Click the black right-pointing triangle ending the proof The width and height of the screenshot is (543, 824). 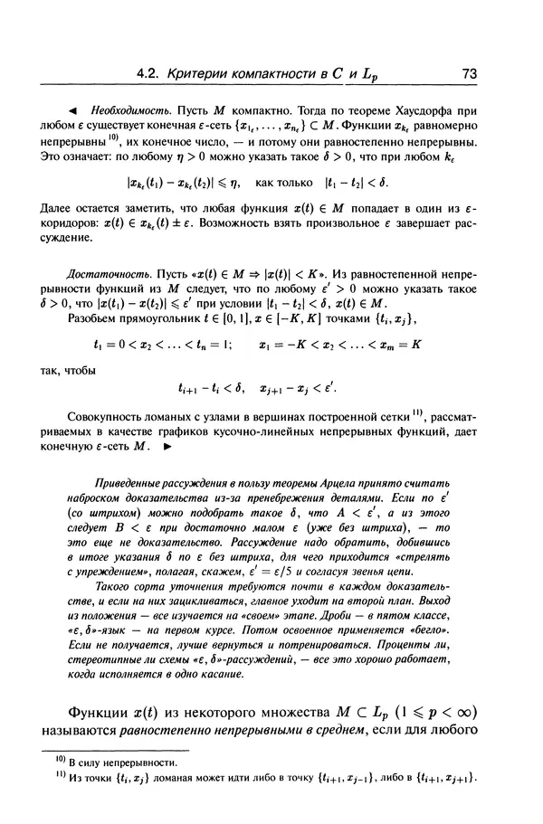[167, 447]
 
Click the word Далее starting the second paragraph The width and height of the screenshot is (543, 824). [81, 208]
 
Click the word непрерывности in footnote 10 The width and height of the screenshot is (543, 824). [138, 764]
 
